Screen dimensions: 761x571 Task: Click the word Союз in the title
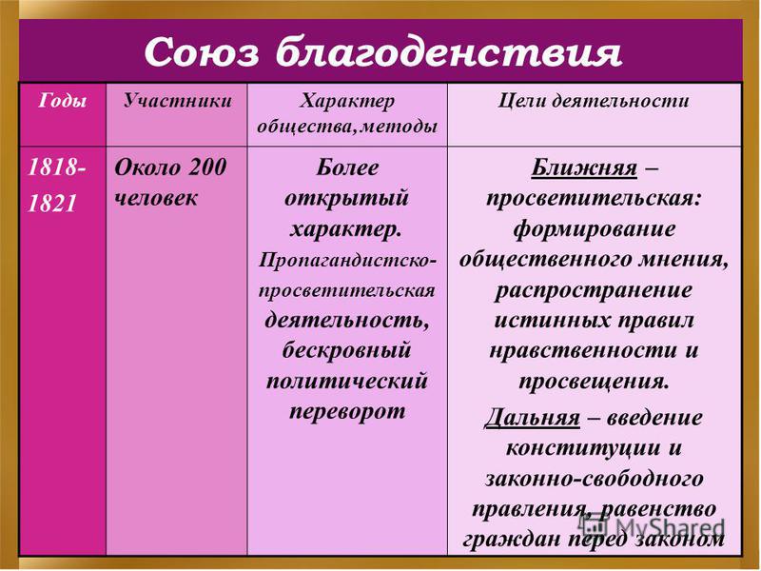pyautogui.click(x=202, y=51)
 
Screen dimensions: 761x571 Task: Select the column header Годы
pyautogui.click(x=63, y=101)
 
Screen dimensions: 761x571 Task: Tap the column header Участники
pyautogui.click(x=177, y=101)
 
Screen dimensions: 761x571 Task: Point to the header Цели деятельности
pyautogui.click(x=594, y=101)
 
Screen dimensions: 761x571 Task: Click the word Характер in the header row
pyautogui.click(x=347, y=102)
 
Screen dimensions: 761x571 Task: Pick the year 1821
pyautogui.click(x=52, y=203)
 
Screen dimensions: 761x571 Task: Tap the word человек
pyautogui.click(x=156, y=198)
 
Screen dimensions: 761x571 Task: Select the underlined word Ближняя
pyautogui.click(x=584, y=168)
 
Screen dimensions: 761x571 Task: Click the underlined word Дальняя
pyautogui.click(x=533, y=418)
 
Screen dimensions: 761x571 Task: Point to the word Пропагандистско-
pyautogui.click(x=347, y=260)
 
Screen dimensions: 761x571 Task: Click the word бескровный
pyautogui.click(x=346, y=349)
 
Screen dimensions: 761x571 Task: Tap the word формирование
pyautogui.click(x=594, y=229)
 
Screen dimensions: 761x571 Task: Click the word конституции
pyautogui.click(x=583, y=447)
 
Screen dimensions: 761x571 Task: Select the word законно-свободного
pyautogui.click(x=594, y=479)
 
